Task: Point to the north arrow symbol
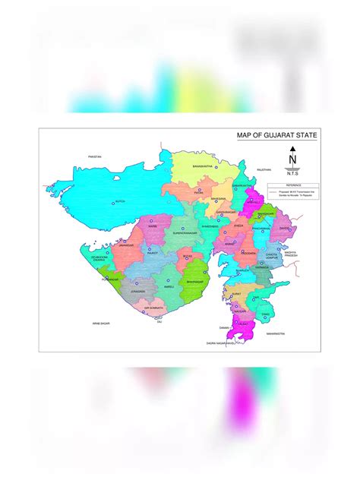[292, 159]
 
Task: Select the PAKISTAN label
[95, 156]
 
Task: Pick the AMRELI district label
[169, 287]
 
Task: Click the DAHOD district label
[283, 228]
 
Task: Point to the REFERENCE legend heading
[293, 185]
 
